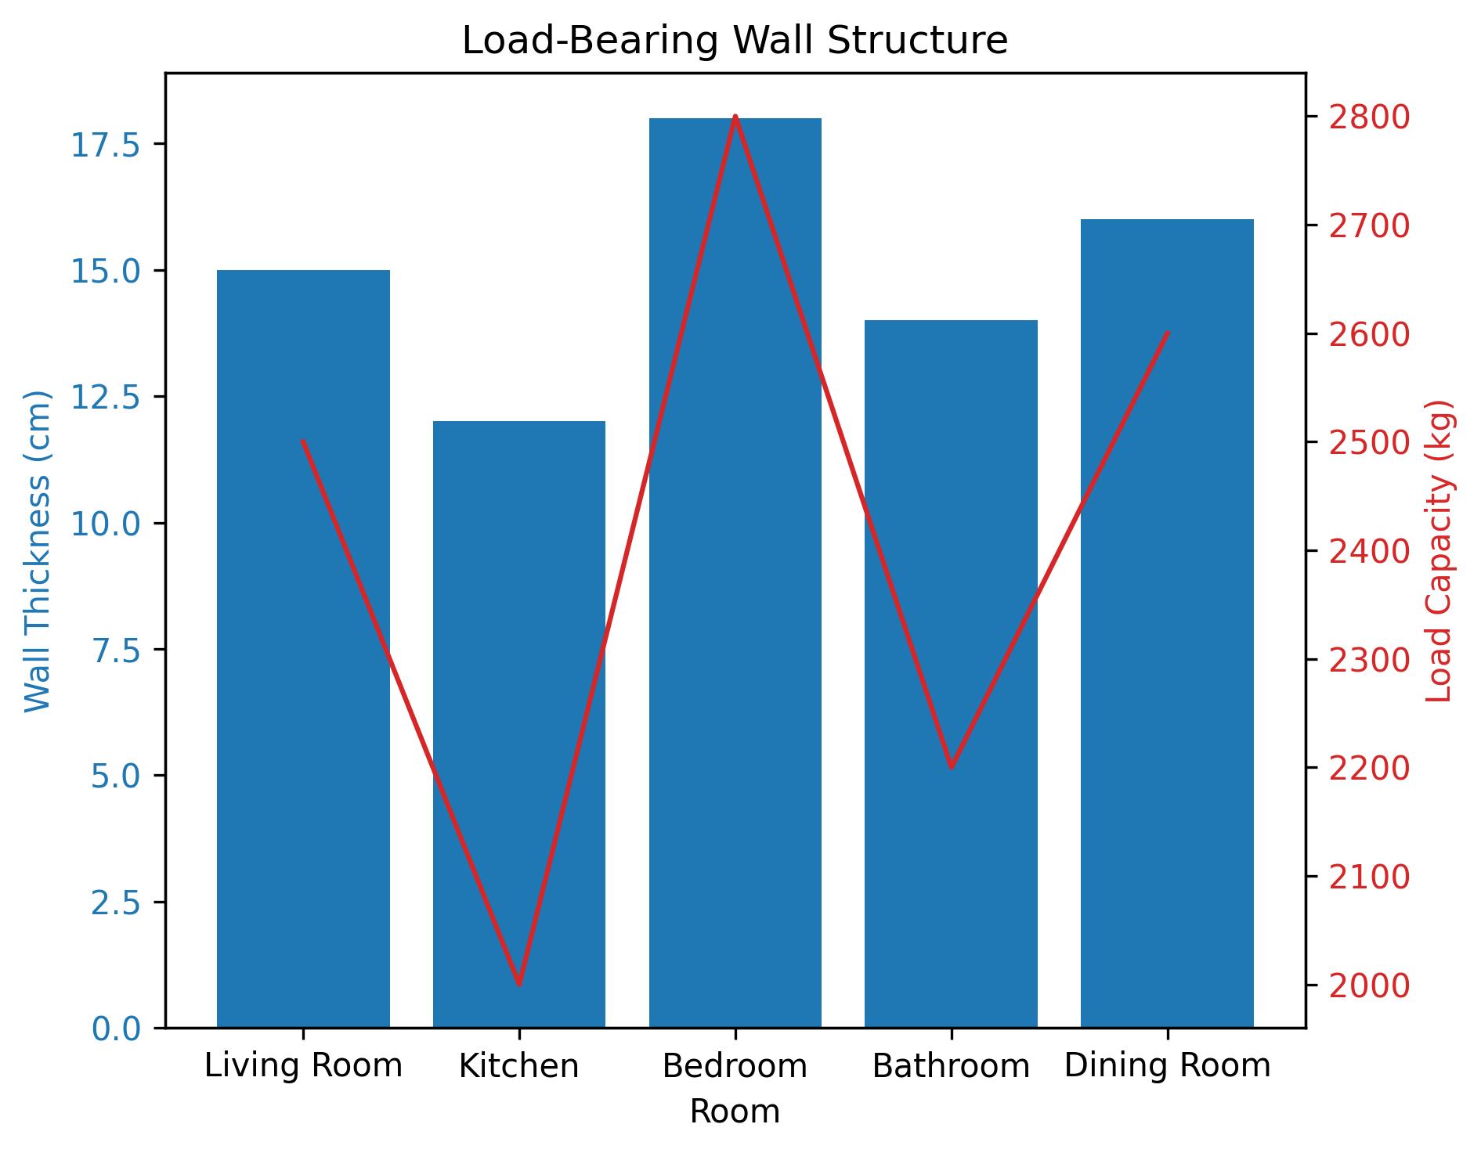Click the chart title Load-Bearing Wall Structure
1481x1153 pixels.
pyautogui.click(x=734, y=41)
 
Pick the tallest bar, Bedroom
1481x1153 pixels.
pyautogui.click(x=735, y=572)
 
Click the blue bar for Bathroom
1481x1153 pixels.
pyautogui.click(x=951, y=673)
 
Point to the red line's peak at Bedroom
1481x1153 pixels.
pyautogui.click(x=735, y=117)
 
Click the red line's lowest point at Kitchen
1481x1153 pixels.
pyautogui.click(x=518, y=984)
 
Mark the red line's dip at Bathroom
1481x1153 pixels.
pyautogui.click(x=951, y=766)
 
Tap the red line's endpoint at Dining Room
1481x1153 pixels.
pyautogui.click(x=1167, y=333)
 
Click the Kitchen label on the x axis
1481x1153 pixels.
pyautogui.click(x=518, y=1066)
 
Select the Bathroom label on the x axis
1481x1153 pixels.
pyautogui.click(x=951, y=1066)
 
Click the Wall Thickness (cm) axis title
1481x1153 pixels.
pyautogui.click(x=37, y=550)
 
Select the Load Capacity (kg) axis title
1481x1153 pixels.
pyautogui.click(x=1439, y=550)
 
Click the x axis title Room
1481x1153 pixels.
pyautogui.click(x=734, y=1112)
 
